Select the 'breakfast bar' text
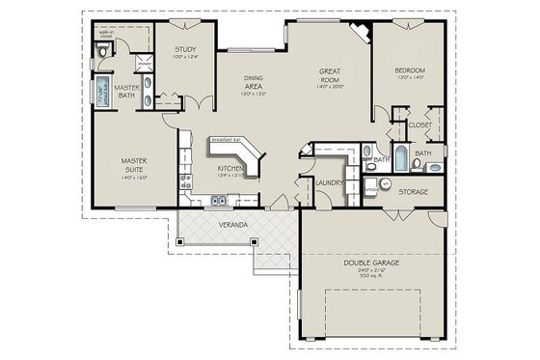tap(228, 139)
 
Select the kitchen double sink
tap(221, 202)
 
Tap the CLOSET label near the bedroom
tap(419, 125)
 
